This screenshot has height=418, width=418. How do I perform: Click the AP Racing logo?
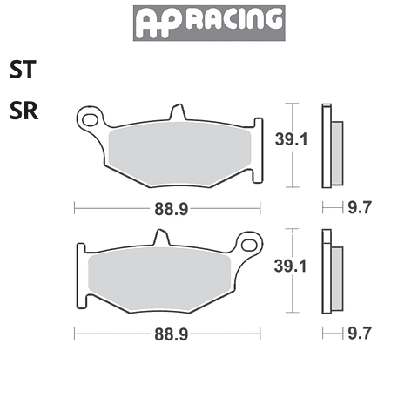tap(209, 23)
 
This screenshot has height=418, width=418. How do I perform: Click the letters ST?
tap(23, 69)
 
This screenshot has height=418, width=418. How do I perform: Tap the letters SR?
tap(24, 111)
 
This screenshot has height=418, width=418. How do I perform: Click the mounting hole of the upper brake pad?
tap(90, 119)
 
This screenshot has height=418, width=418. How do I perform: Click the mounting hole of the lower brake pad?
tap(250, 246)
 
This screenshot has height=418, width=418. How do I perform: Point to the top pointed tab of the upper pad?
tap(178, 111)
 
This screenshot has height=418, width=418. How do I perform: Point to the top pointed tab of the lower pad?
tap(161, 237)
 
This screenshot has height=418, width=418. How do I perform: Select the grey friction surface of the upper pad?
tap(179, 154)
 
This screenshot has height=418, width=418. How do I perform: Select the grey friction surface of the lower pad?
tap(159, 280)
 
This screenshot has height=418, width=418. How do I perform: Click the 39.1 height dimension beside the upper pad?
tap(291, 139)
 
